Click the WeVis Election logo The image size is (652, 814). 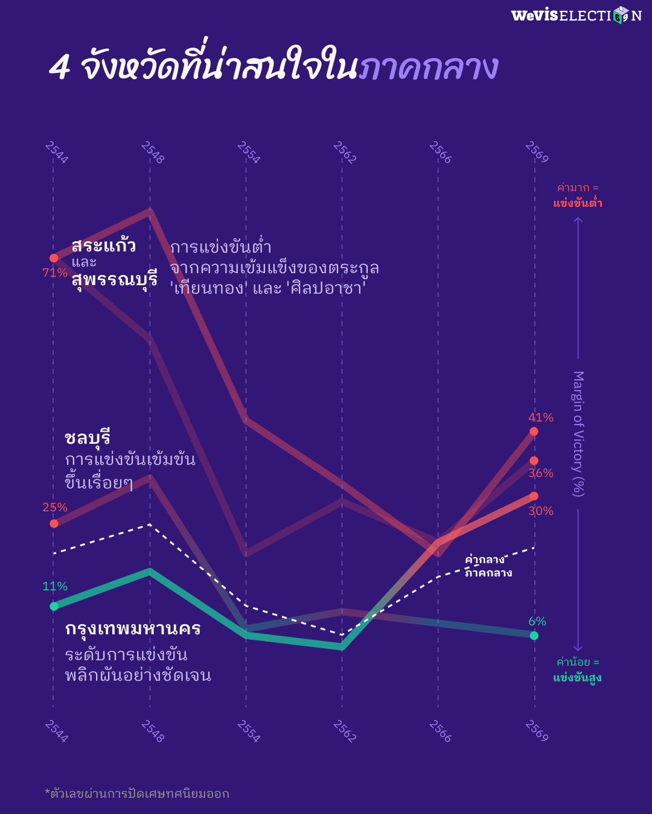[x=576, y=15]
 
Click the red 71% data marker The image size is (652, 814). [x=54, y=258]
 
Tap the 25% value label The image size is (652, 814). [x=55, y=507]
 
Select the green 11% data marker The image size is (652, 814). [x=54, y=606]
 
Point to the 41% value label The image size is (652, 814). [x=540, y=417]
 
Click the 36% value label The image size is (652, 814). [x=540, y=473]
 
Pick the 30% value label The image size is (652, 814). [x=540, y=511]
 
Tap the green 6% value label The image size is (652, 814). [x=537, y=621]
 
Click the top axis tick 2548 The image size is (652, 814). [x=152, y=152]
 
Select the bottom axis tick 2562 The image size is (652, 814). [x=344, y=731]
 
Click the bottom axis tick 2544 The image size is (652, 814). [x=56, y=731]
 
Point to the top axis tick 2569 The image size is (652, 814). [x=536, y=152]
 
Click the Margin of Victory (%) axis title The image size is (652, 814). [x=578, y=434]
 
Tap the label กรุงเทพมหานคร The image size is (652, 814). [x=133, y=628]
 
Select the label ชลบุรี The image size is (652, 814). [x=88, y=437]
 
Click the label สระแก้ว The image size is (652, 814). [x=103, y=245]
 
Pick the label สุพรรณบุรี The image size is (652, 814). [x=114, y=279]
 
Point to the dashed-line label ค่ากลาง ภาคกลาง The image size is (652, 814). [x=488, y=566]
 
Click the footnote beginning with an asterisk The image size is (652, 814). [x=137, y=793]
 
